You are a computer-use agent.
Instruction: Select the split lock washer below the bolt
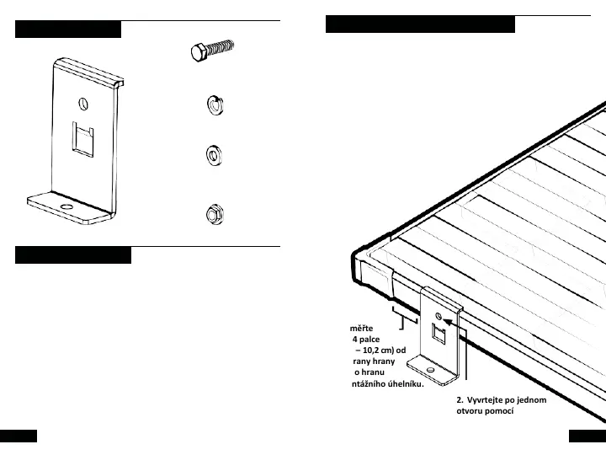coord(214,106)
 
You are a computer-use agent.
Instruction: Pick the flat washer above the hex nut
coord(214,155)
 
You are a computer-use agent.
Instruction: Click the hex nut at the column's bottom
coord(214,213)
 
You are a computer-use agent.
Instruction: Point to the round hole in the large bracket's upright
coord(82,104)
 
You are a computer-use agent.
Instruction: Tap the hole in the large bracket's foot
coord(65,205)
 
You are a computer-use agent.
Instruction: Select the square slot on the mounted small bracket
coord(439,335)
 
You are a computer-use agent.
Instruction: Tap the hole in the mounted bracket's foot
coord(431,369)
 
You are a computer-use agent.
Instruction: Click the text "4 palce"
coord(367,340)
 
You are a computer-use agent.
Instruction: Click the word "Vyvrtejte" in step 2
coord(491,399)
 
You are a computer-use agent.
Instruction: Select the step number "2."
coord(460,399)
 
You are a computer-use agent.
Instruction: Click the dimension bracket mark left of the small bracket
coord(408,322)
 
